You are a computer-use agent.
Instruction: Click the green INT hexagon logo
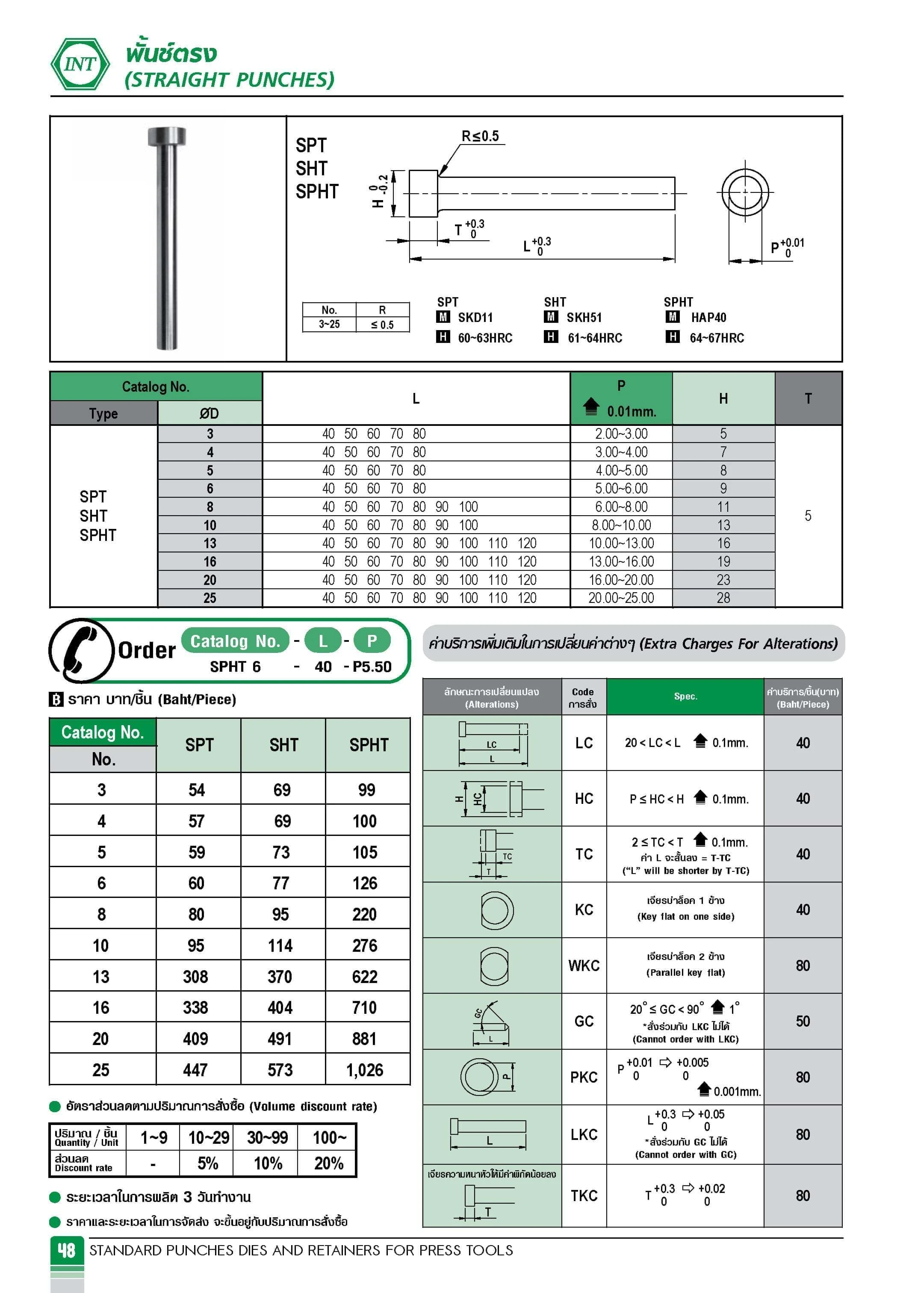click(x=80, y=64)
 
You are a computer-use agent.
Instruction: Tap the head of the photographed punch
click(x=167, y=136)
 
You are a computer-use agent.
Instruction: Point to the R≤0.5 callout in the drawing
click(x=480, y=136)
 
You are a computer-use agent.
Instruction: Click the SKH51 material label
click(x=584, y=318)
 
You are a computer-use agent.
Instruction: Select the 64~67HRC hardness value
click(x=717, y=338)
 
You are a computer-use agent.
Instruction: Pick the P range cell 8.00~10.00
click(x=621, y=525)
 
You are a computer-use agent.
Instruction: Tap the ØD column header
click(x=209, y=413)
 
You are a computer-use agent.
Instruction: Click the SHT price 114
click(x=280, y=945)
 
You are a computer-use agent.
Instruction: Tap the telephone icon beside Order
click(x=81, y=650)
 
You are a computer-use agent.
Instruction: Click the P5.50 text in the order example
click(x=371, y=667)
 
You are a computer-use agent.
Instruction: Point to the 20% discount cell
click(x=328, y=1163)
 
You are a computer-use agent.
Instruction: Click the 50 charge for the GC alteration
click(x=803, y=1021)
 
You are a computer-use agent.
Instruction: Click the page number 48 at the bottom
click(x=66, y=1250)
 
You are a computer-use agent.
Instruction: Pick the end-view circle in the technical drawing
click(x=745, y=192)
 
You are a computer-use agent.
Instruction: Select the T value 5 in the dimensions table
click(x=808, y=515)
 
